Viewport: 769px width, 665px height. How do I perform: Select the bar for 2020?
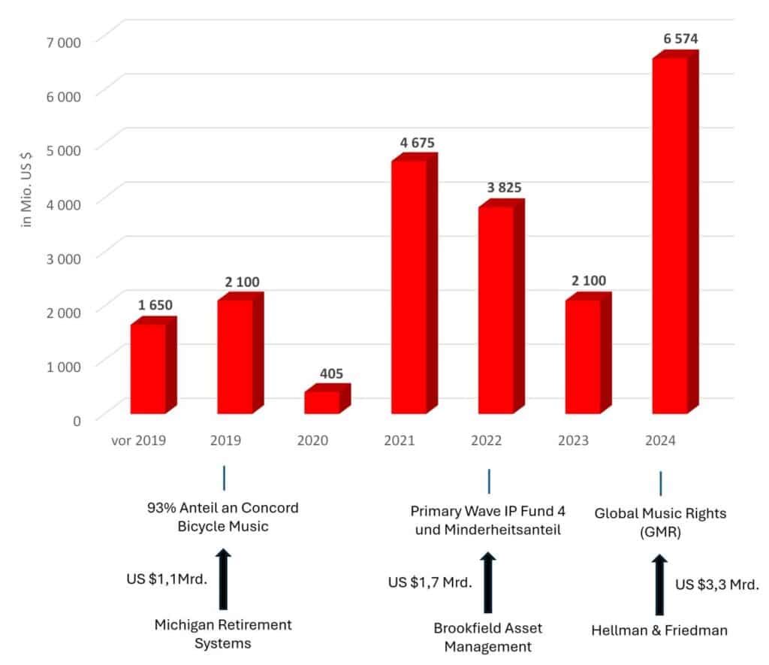click(x=322, y=402)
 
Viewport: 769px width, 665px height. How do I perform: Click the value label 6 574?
click(x=672, y=38)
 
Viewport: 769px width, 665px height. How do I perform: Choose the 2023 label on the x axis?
click(x=573, y=440)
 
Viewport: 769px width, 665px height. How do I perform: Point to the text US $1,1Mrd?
click(x=167, y=579)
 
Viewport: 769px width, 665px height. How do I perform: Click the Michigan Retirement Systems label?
click(x=223, y=633)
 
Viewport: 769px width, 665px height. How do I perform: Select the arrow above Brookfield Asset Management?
click(x=488, y=582)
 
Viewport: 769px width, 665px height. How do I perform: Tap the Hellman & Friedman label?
click(x=659, y=630)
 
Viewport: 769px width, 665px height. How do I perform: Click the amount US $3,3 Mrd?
click(x=717, y=585)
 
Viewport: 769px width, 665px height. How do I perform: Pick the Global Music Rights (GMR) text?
click(x=660, y=521)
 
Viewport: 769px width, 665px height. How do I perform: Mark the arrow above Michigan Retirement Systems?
click(x=223, y=579)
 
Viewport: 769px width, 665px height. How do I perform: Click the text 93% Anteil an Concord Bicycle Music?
click(x=223, y=517)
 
